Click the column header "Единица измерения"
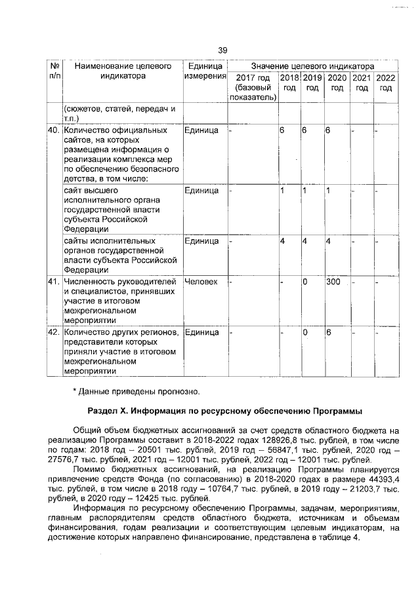[x=204, y=71]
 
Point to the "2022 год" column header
[x=386, y=83]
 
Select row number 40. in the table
[x=54, y=130]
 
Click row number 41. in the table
[x=54, y=282]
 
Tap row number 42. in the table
[x=54, y=332]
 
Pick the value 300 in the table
[x=333, y=282]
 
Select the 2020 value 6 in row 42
[x=329, y=332]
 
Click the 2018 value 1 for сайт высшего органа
[x=282, y=191]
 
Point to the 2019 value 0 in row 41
[x=305, y=282]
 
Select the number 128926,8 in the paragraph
[x=278, y=442]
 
